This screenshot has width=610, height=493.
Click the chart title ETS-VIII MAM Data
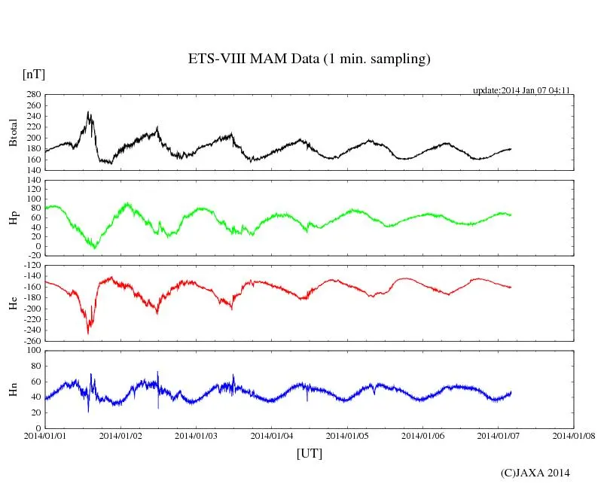point(309,59)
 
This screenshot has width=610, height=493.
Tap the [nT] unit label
point(34,75)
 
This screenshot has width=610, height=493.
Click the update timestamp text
point(521,90)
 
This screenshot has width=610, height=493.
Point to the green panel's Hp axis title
point(13,218)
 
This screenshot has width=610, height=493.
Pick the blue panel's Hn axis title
point(13,389)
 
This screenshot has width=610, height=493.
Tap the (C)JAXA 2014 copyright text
point(535,473)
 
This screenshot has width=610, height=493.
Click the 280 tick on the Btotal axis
point(32,96)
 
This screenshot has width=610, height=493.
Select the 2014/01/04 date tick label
point(272,436)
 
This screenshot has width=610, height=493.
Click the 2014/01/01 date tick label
point(45,436)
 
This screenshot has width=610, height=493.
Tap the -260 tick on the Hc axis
point(30,341)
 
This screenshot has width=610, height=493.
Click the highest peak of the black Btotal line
point(88,112)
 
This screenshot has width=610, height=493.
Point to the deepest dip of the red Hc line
point(88,333)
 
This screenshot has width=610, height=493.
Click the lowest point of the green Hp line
point(94,248)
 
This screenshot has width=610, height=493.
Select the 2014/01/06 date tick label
point(423,436)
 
